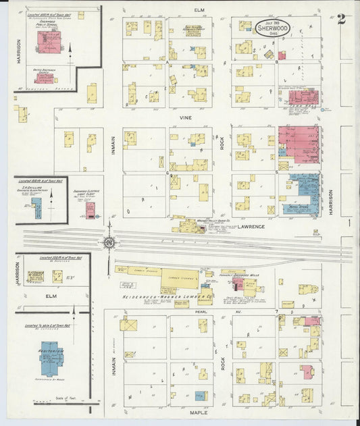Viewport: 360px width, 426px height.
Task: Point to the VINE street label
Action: click(x=185, y=117)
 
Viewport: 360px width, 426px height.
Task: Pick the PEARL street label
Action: click(x=199, y=313)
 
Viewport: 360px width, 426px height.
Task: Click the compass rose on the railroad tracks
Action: click(x=109, y=242)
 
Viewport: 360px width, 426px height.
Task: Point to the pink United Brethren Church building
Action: click(x=44, y=78)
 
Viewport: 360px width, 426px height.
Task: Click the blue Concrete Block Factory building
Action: click(x=36, y=207)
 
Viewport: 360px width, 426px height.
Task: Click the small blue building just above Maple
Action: click(x=200, y=396)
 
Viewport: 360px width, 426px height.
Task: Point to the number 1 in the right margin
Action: click(x=349, y=222)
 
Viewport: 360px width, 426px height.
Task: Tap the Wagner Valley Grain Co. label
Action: click(x=202, y=219)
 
